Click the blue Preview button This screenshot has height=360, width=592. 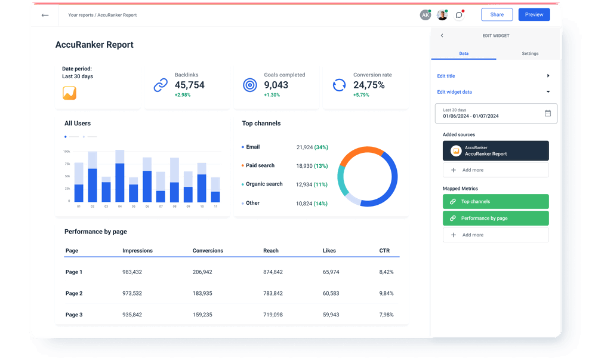534,15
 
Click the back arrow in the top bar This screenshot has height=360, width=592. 45,15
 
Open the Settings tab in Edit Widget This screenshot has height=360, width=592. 529,54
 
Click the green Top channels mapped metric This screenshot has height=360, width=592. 495,202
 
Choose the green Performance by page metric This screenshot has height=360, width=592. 495,219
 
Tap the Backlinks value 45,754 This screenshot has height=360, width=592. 189,85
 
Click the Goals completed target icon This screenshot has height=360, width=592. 249,85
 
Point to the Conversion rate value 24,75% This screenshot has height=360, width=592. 369,85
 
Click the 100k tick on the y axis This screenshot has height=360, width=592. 66,152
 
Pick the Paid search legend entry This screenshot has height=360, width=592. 260,165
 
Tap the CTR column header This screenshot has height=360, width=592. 384,251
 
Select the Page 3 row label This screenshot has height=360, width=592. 74,315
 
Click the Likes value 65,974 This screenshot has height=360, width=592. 331,272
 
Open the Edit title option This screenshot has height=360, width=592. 446,76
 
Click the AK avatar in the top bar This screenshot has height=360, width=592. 425,15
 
